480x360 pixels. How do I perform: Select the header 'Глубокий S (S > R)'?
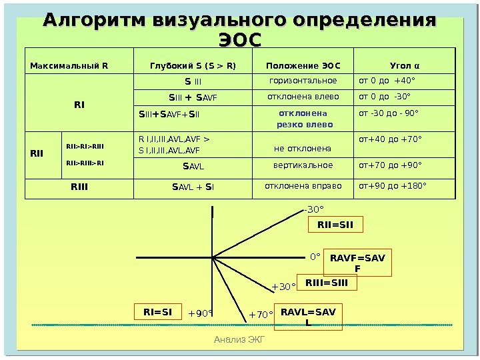click(193, 65)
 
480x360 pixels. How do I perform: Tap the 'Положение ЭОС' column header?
click(303, 65)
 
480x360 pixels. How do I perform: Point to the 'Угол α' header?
click(405, 65)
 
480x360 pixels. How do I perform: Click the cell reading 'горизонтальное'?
click(303, 81)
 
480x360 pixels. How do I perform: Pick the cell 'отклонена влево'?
click(303, 97)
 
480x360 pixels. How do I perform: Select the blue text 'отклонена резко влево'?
click(303, 118)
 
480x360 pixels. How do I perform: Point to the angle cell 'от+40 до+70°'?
click(391, 139)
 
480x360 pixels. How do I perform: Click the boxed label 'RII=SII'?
click(335, 226)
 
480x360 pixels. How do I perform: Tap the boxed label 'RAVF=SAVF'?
click(357, 263)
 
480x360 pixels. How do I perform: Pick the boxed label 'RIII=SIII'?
click(327, 283)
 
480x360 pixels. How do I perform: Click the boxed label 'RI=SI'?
click(158, 311)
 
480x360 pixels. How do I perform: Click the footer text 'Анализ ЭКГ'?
click(240, 341)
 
